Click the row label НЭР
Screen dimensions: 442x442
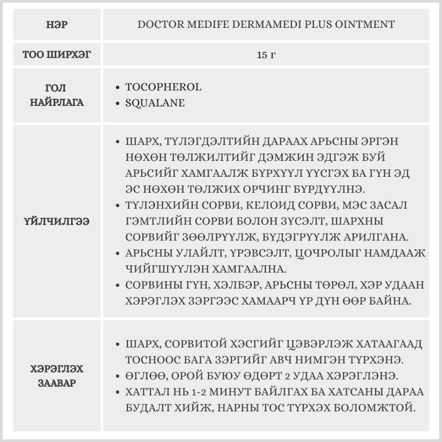pos(57,24)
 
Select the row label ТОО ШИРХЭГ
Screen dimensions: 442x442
pos(57,55)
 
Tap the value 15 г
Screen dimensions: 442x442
pos(266,55)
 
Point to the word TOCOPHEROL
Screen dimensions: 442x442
pos(163,87)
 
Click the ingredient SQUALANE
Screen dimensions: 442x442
pos(155,103)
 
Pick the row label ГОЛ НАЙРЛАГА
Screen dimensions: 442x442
pos(57,95)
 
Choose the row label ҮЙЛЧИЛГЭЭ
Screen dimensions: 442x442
pos(57,221)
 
